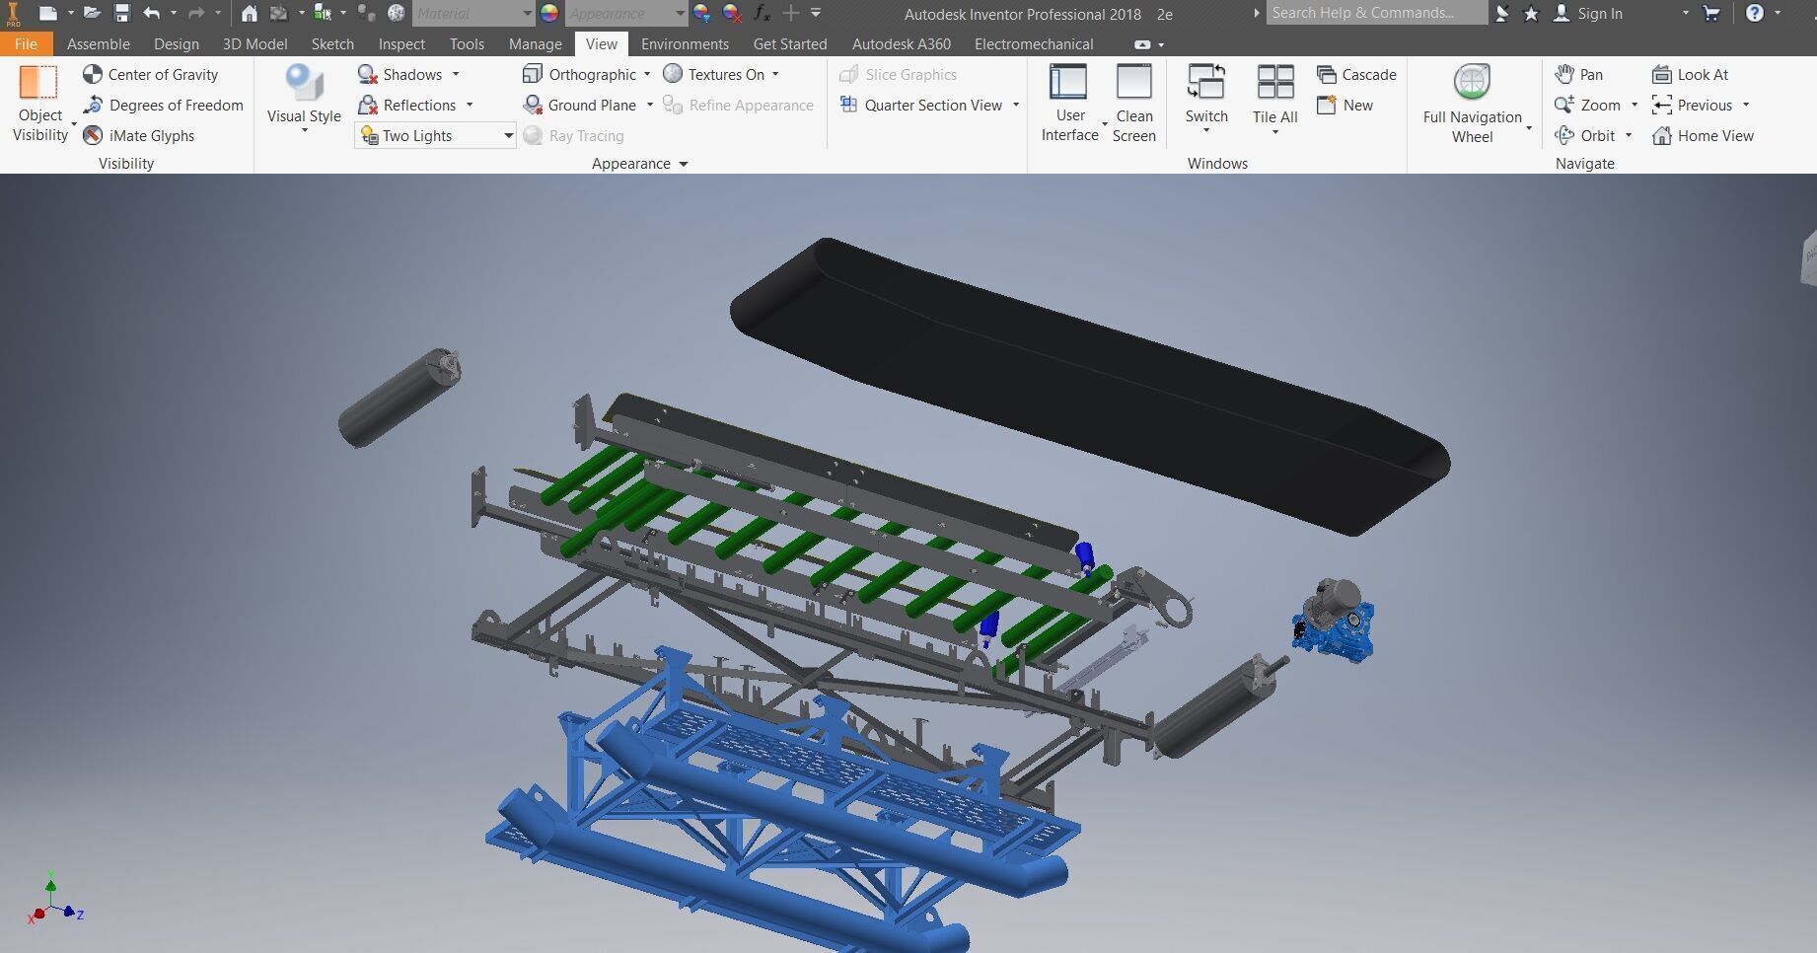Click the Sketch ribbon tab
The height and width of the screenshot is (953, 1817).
[332, 44]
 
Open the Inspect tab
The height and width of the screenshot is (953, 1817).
[401, 44]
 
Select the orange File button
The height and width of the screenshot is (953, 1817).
[26, 44]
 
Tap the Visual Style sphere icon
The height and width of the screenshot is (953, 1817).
[304, 82]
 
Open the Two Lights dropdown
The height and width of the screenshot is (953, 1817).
[508, 136]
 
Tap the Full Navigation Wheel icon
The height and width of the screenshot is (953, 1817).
[1472, 83]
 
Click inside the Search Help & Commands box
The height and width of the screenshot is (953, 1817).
[1375, 13]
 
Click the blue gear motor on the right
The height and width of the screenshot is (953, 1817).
[1333, 623]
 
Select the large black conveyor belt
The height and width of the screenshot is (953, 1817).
[1085, 385]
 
